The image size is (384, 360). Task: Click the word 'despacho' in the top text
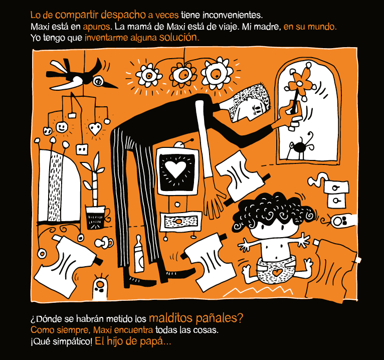123,15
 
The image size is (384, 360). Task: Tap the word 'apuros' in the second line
96,27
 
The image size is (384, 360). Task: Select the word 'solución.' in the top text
179,37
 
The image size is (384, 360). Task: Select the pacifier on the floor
104,243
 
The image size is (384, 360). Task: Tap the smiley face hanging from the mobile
62,127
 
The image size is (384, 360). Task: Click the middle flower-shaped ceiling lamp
183,75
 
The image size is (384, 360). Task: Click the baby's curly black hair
271,211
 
